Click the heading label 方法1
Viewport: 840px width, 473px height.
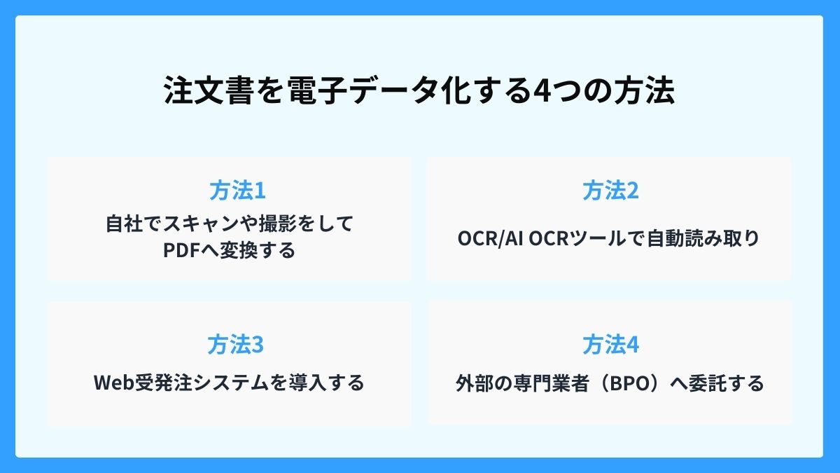229,191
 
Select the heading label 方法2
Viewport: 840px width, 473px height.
610,191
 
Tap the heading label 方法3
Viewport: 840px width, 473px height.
229,345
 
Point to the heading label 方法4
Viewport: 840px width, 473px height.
610,345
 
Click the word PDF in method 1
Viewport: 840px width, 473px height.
180,250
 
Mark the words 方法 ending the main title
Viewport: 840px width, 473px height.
644,92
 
